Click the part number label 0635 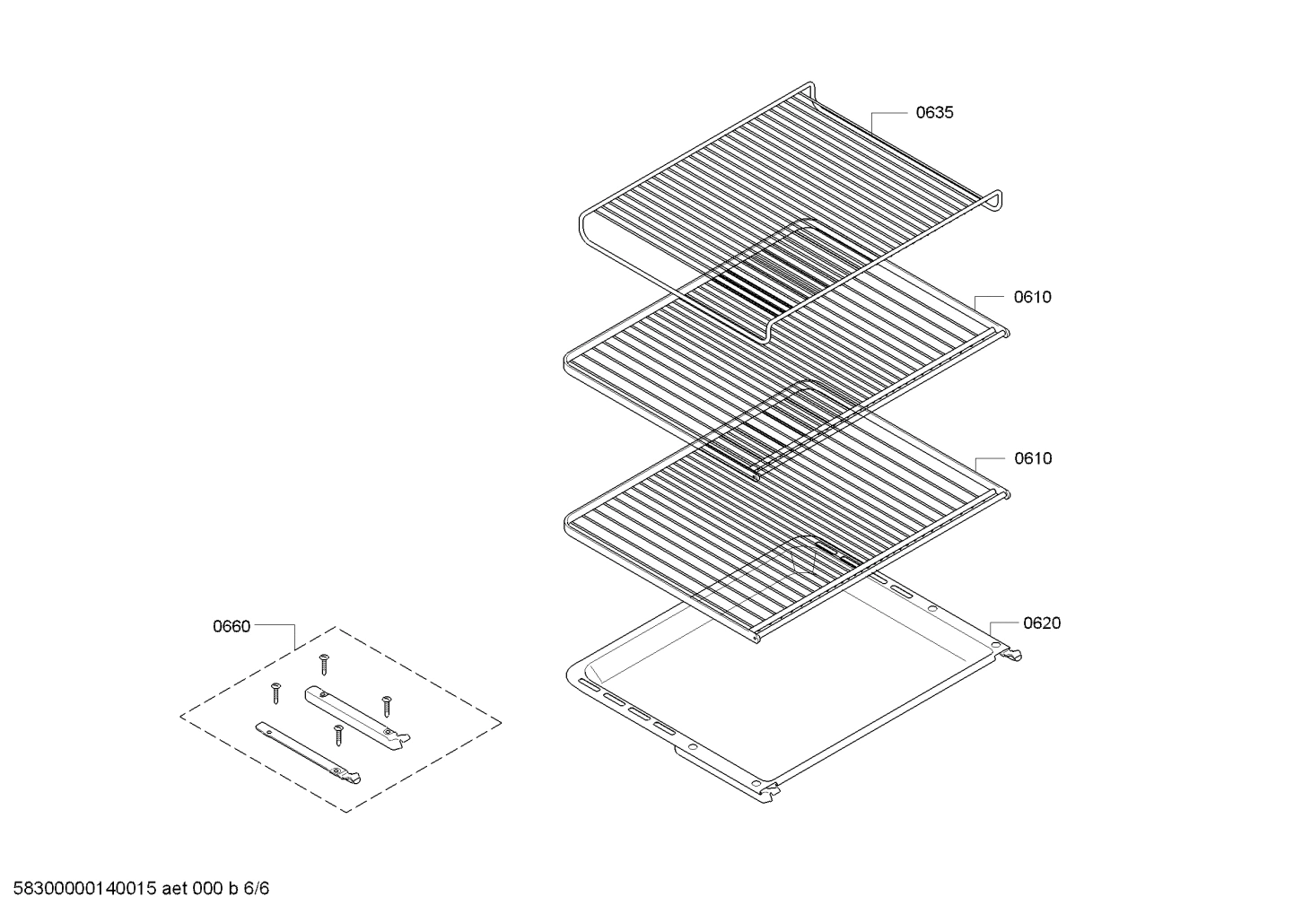click(934, 113)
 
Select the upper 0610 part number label click(1032, 297)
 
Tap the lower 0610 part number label click(1033, 458)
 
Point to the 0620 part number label click(1042, 623)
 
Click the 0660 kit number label click(232, 627)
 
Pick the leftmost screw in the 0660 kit click(275, 692)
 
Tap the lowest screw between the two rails click(338, 734)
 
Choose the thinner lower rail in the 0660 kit click(310, 751)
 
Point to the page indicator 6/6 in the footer click(257, 890)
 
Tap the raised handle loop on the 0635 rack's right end click(993, 201)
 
